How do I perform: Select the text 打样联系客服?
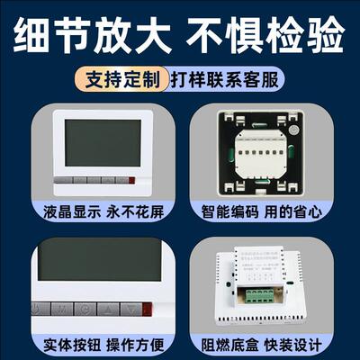click(x=222, y=79)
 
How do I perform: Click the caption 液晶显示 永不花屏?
click(x=93, y=216)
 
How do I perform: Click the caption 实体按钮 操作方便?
click(x=93, y=343)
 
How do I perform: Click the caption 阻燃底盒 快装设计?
click(x=266, y=343)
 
